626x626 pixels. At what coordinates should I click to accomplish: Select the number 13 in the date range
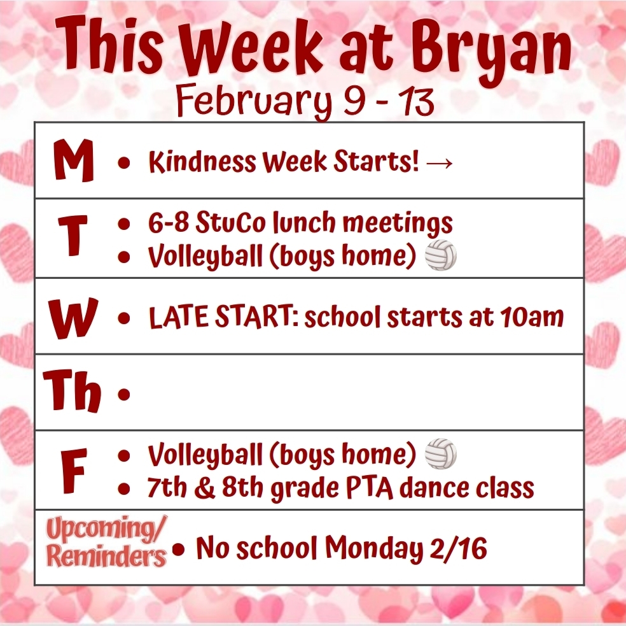click(x=413, y=102)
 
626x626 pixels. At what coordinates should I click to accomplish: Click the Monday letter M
click(x=73, y=162)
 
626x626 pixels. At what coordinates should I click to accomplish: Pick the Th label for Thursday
click(x=73, y=393)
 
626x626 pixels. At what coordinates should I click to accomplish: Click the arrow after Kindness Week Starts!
click(x=440, y=164)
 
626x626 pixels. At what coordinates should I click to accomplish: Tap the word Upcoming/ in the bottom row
click(x=106, y=529)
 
